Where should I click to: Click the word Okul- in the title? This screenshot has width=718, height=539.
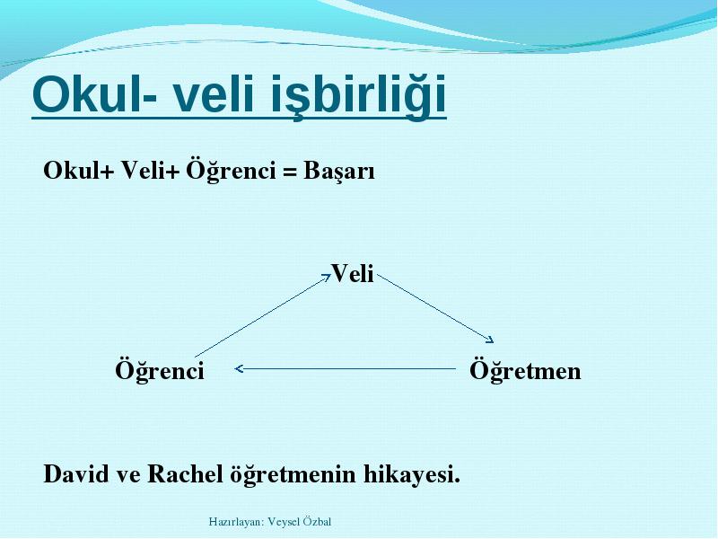(95, 93)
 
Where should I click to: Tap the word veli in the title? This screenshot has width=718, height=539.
(213, 93)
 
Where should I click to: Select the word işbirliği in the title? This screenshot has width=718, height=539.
(358, 97)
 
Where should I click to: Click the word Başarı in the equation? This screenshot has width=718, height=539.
(339, 172)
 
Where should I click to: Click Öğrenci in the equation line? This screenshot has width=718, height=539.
(231, 171)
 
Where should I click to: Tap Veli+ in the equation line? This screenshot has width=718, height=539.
(150, 171)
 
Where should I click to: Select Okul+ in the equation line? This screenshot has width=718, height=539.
(78, 171)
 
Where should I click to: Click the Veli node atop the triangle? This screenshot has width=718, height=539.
(353, 274)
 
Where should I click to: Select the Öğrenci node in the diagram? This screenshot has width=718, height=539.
(160, 370)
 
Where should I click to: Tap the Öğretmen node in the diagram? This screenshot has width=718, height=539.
(525, 370)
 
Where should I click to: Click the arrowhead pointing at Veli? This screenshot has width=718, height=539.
(327, 277)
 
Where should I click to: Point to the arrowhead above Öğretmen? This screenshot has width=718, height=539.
(489, 340)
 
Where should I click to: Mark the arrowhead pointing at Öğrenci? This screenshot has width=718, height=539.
(239, 368)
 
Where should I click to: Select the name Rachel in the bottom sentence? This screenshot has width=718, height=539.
(185, 473)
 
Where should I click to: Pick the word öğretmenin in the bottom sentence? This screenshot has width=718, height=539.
(293, 475)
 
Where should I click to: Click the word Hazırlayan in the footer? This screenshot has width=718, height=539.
(235, 522)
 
